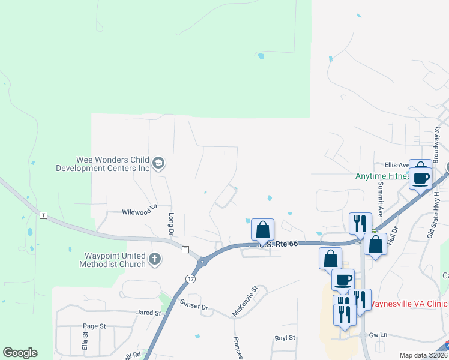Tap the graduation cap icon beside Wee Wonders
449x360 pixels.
[158, 164]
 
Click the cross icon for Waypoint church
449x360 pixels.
[155, 259]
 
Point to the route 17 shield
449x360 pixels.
[190, 279]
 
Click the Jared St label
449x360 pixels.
[149, 313]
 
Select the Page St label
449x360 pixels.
[94, 326]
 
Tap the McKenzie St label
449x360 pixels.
[245, 302]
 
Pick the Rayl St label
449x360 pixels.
[285, 338]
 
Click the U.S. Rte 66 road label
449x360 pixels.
[277, 244]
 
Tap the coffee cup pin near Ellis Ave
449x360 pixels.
[421, 178]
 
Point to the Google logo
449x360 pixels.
[20, 353]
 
